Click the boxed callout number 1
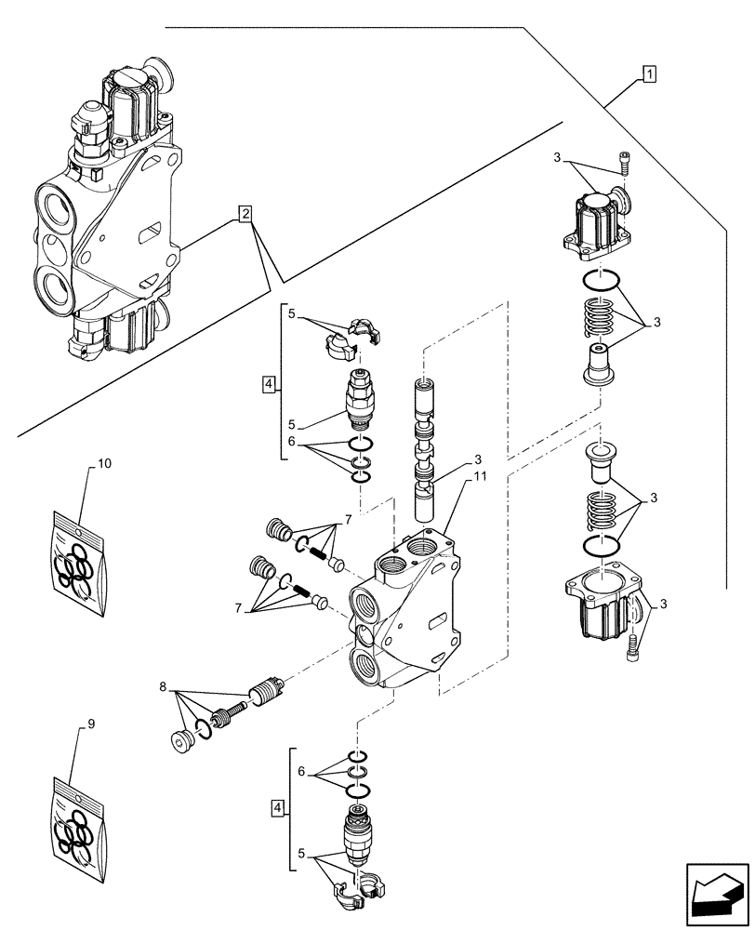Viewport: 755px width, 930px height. (x=648, y=74)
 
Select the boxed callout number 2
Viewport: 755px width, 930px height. (x=245, y=215)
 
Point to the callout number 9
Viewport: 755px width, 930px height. (x=90, y=723)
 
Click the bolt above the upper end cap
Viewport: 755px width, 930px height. (x=622, y=164)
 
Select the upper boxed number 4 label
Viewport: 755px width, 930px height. (x=269, y=383)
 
